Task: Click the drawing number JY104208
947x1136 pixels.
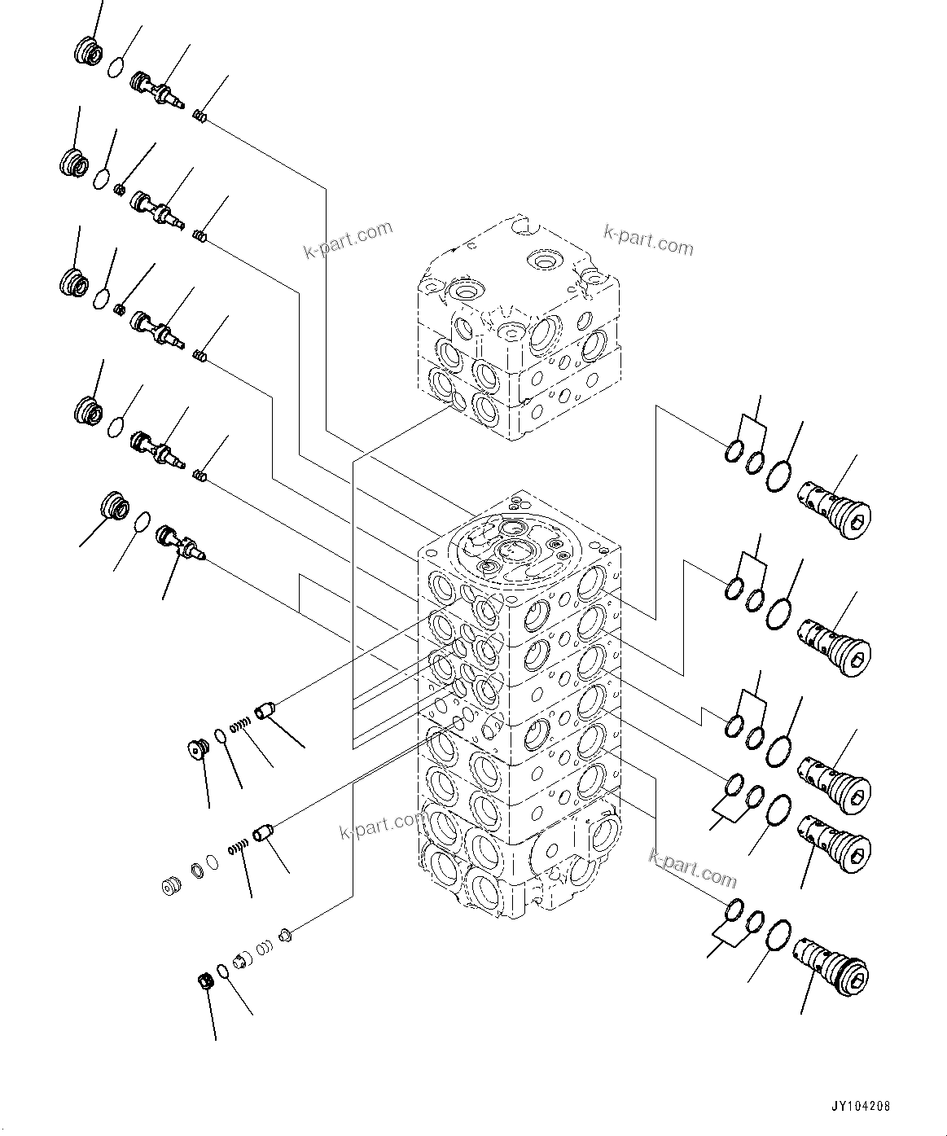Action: (x=861, y=1107)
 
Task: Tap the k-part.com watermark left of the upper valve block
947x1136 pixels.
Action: (x=348, y=241)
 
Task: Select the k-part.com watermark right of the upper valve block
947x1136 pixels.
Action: (x=648, y=239)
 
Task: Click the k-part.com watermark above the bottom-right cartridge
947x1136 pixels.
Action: (x=692, y=869)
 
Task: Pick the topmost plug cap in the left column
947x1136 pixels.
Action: (x=87, y=53)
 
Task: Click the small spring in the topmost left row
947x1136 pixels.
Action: (x=199, y=117)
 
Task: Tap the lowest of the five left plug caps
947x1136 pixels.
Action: (x=113, y=507)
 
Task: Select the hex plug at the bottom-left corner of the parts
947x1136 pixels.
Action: (x=207, y=982)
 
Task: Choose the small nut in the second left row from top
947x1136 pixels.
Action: (x=119, y=191)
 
